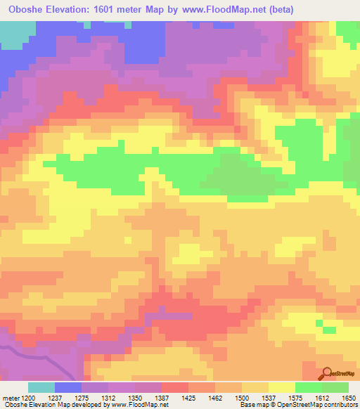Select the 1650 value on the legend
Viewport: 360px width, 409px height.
pos(349,398)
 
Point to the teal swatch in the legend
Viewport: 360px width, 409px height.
pos(41,387)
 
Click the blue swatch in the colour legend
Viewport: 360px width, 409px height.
pos(68,387)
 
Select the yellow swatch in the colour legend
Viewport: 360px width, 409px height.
pos(281,387)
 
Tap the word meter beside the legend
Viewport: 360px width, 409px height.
pos(9,398)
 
